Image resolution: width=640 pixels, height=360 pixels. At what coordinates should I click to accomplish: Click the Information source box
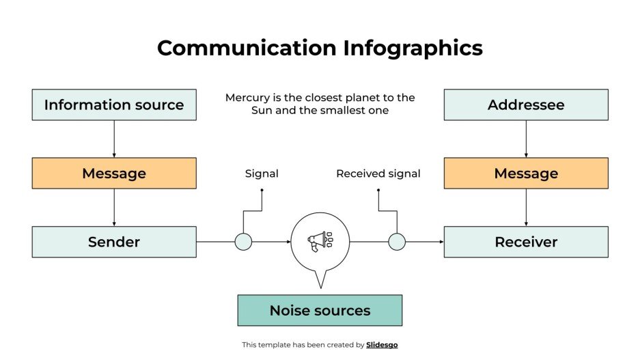coord(114,105)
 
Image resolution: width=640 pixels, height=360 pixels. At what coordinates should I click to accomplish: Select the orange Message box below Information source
coord(114,174)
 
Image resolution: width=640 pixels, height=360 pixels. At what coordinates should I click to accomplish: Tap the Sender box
coord(114,242)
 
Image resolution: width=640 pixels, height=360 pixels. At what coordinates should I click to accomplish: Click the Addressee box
coord(526,105)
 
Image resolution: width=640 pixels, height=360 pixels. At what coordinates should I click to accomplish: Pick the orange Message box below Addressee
coord(526,174)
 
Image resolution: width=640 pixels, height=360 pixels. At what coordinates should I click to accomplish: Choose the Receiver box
coord(526,242)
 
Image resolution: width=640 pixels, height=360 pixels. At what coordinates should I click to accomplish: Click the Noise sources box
coord(320,310)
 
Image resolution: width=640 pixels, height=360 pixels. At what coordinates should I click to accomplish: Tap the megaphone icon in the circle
coord(319,241)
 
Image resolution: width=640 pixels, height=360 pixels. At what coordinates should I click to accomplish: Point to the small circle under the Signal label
coord(243,242)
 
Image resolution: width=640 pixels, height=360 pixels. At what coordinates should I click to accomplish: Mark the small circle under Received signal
coord(397,242)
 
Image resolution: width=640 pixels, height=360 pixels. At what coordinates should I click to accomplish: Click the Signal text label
coord(262,174)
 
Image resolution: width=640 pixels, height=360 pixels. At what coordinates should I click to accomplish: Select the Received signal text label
coord(378,174)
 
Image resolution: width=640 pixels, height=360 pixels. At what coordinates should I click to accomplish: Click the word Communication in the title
coord(247,48)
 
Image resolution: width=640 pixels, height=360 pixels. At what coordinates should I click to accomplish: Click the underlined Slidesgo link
coord(382,345)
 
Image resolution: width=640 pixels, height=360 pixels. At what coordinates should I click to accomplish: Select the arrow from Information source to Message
coord(114,139)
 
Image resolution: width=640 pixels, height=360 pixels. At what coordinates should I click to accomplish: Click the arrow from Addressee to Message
coord(526,139)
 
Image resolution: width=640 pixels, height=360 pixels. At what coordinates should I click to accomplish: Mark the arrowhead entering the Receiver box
coord(441,242)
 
